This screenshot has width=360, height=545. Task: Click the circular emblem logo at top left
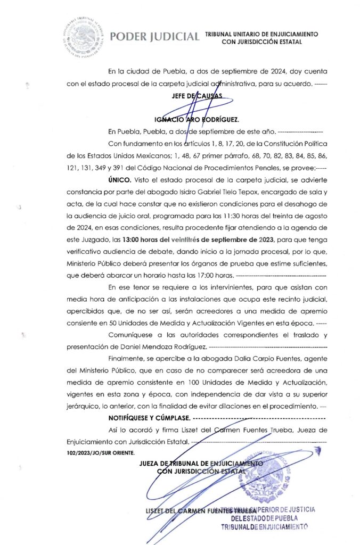tap(82, 36)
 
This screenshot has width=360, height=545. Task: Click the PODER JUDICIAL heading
tap(154, 37)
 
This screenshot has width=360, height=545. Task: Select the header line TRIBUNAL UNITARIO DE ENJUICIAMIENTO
tap(261, 33)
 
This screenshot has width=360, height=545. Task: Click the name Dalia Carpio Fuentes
tap(232, 359)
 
